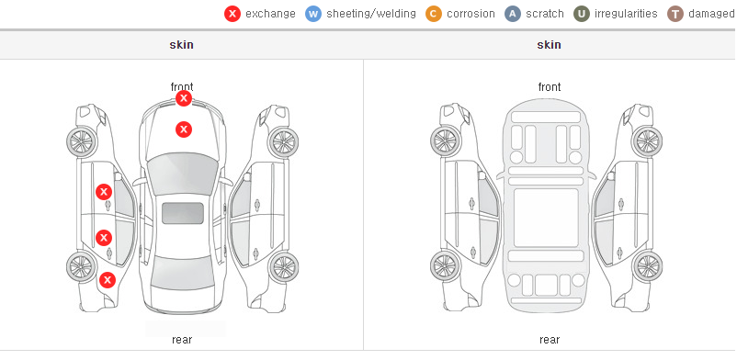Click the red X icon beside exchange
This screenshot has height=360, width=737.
click(232, 14)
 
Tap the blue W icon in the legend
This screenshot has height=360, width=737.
click(313, 14)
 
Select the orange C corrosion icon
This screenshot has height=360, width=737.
click(434, 14)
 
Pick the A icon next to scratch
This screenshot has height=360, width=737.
click(513, 14)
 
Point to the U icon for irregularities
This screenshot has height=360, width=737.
click(582, 14)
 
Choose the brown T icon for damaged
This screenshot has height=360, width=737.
click(675, 14)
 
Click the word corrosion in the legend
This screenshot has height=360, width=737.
click(471, 14)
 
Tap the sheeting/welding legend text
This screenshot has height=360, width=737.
click(371, 14)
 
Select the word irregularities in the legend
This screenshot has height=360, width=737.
click(626, 14)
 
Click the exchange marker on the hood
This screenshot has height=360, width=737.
click(184, 129)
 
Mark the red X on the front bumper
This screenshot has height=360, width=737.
click(184, 98)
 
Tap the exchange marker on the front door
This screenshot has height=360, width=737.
click(104, 192)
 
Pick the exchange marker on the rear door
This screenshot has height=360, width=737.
click(104, 238)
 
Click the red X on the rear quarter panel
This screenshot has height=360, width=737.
click(108, 281)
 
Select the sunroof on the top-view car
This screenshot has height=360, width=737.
click(183, 213)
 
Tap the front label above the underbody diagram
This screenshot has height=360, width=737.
click(550, 87)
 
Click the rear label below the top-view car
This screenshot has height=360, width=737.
click(182, 340)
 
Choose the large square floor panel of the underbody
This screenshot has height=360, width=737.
click(546, 218)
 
